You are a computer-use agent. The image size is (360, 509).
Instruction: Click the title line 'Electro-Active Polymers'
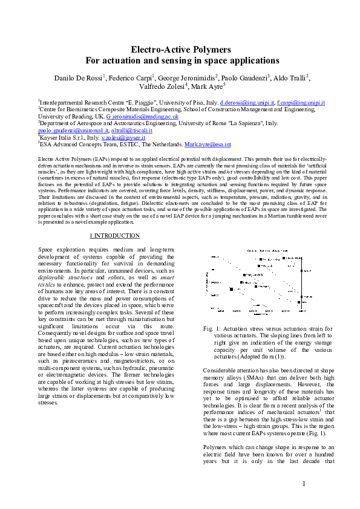tap(180, 50)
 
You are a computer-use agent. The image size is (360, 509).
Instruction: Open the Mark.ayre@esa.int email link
tap(208, 145)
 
